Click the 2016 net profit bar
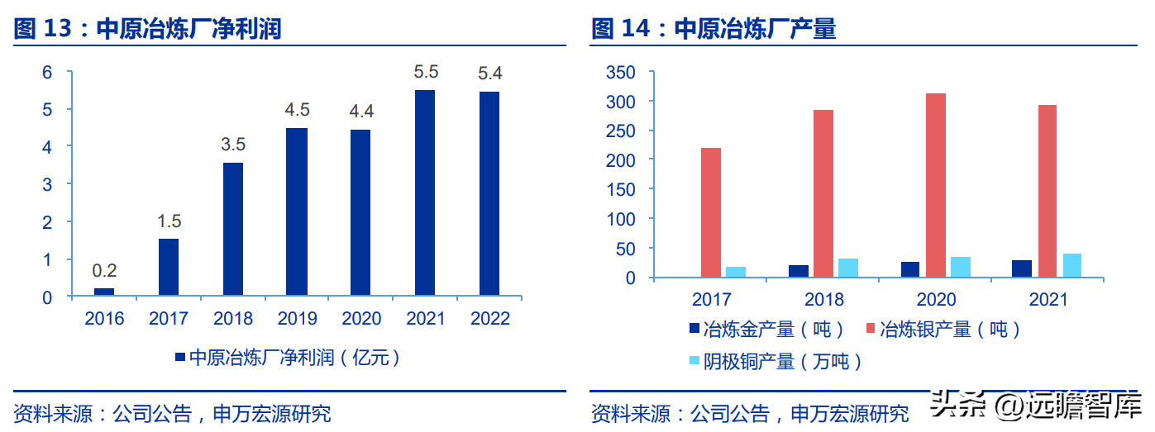coord(104,291)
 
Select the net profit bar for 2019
coord(297,211)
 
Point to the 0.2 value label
coord(104,270)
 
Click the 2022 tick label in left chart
coord(489,319)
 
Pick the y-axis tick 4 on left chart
coord(47,147)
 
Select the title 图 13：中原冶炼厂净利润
coord(148,30)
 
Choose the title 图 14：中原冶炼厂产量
coord(714,30)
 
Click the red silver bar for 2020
coord(935,185)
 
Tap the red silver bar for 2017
coord(711,212)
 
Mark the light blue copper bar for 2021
coord(1071,265)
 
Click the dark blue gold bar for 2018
coord(799,271)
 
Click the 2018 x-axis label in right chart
coord(823,300)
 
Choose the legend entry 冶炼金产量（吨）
coord(766,330)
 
